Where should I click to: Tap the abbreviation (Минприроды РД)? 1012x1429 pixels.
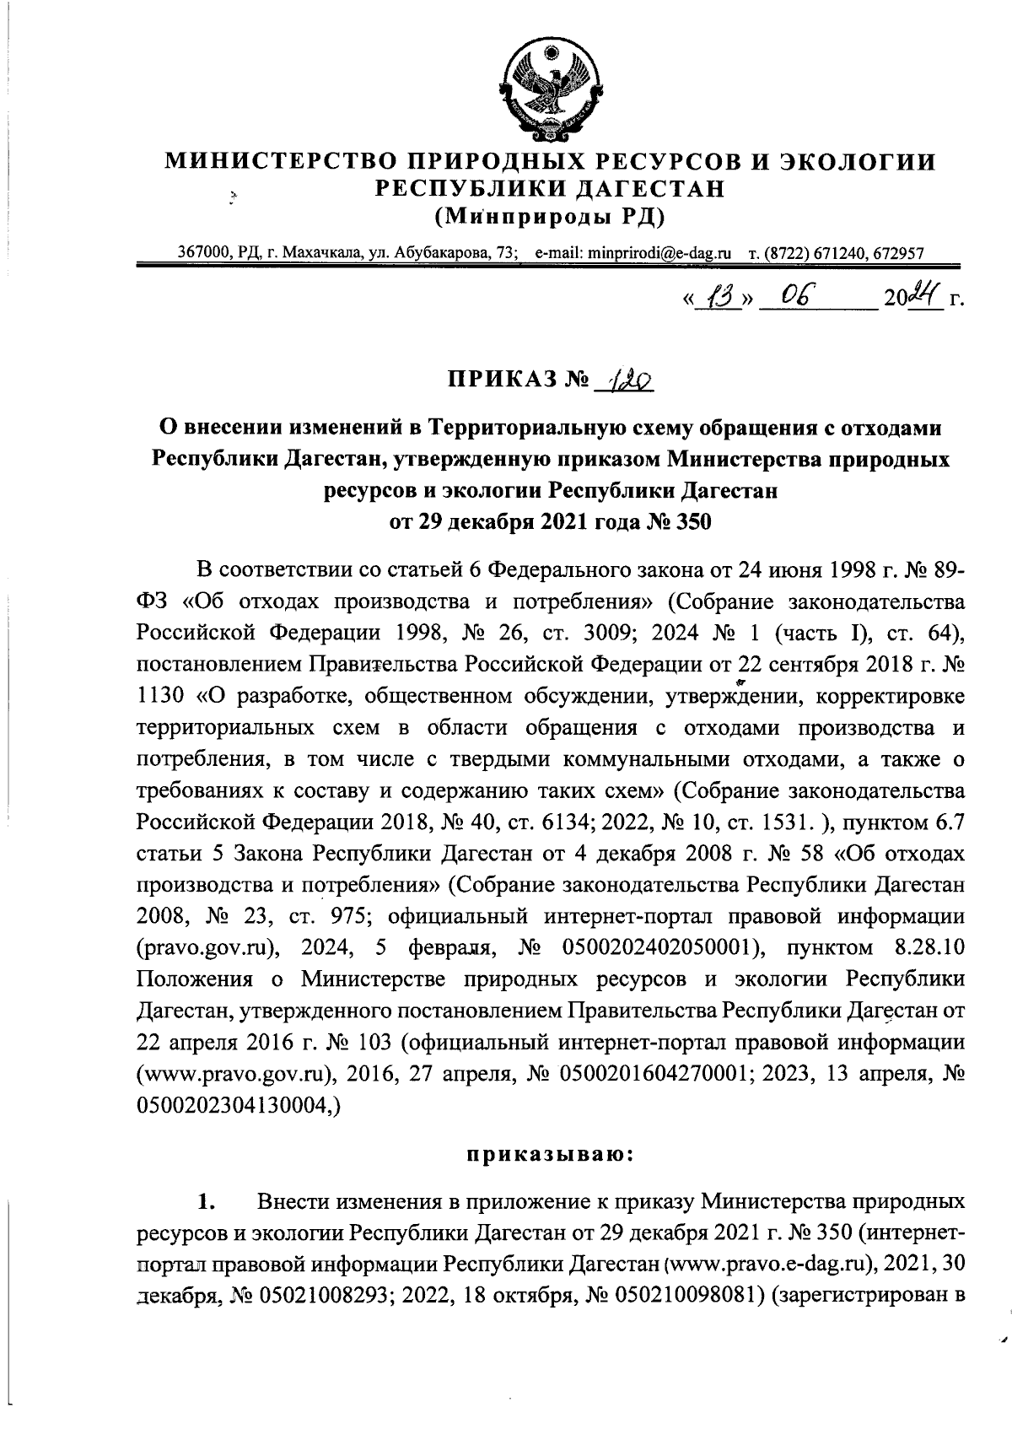[x=549, y=217]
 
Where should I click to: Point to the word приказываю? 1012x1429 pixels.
[x=549, y=1154]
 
